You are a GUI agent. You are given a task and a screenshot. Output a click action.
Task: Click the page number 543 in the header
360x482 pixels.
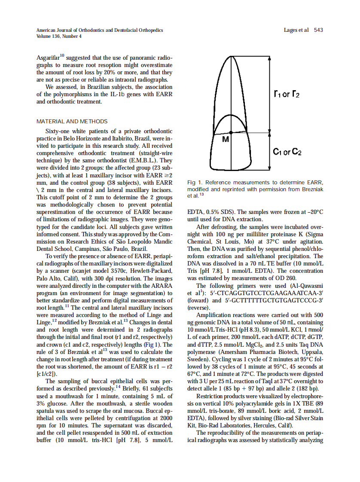tap(318, 30)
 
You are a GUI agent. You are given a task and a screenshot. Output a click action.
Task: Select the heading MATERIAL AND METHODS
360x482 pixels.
tap(72, 122)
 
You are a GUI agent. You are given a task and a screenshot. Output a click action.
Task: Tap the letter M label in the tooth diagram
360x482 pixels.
tap(226, 140)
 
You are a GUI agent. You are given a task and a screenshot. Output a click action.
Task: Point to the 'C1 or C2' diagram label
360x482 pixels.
tap(287, 152)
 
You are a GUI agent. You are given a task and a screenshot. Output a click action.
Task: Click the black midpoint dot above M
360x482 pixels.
tap(231, 133)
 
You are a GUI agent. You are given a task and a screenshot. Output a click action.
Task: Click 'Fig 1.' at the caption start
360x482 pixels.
tap(195, 183)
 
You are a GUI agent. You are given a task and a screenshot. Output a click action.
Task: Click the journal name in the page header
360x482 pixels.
tap(100, 30)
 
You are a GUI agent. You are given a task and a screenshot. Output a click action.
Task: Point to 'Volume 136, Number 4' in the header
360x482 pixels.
tap(58, 36)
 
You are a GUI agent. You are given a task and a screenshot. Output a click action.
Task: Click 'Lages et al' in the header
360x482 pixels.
tap(296, 30)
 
